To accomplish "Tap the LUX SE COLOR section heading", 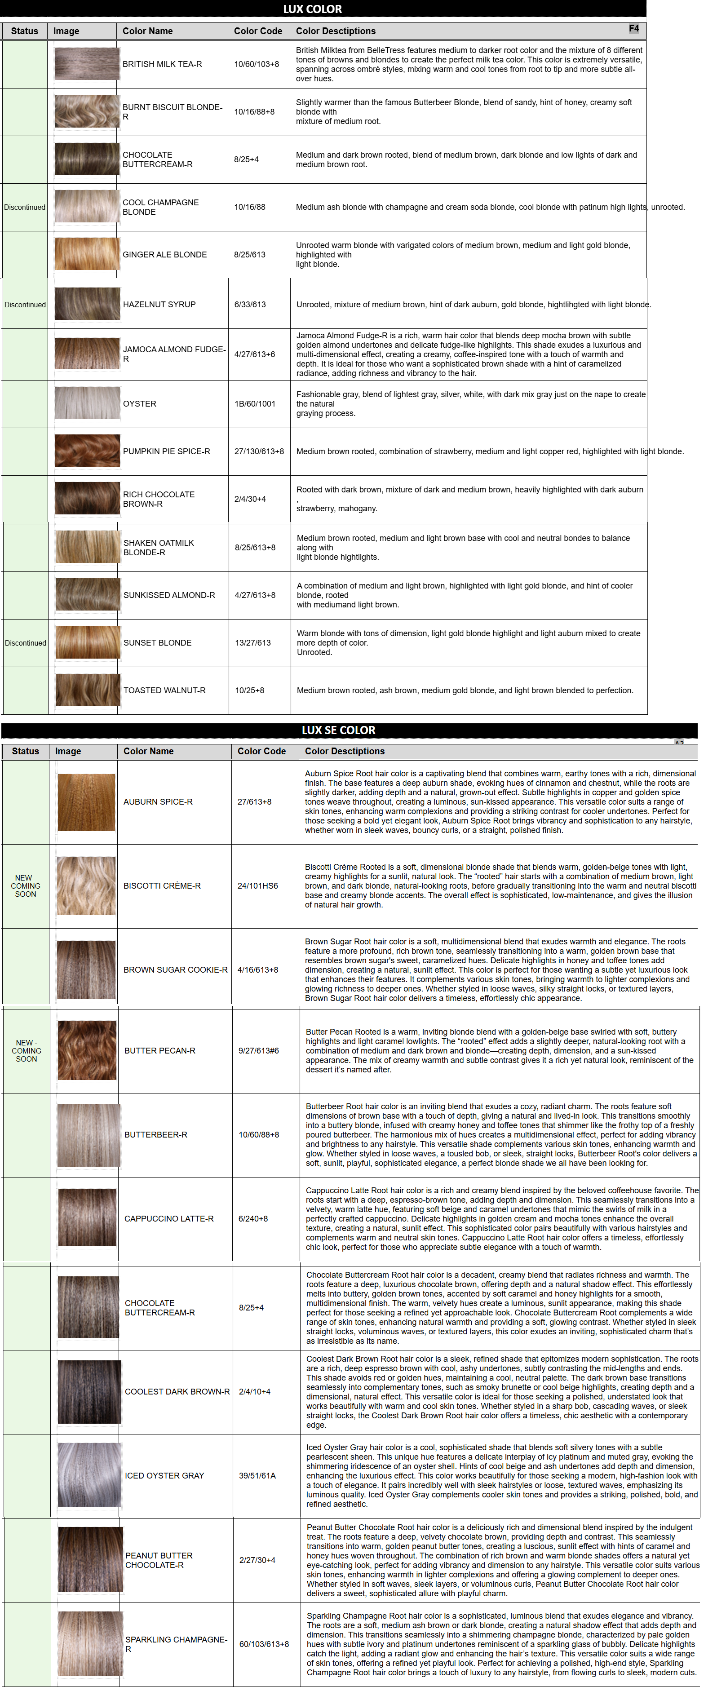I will pos(338,730).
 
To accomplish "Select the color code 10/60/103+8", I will pos(256,64).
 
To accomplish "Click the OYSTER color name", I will pos(140,404).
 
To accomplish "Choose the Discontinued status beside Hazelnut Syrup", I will pos(25,305).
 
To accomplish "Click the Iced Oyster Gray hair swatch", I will pos(90,1475).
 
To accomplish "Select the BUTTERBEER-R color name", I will pos(155,1134).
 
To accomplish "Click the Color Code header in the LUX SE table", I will pos(261,751).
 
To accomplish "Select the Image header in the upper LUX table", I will pos(66,31).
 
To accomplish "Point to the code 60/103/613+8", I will pos(264,1644).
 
